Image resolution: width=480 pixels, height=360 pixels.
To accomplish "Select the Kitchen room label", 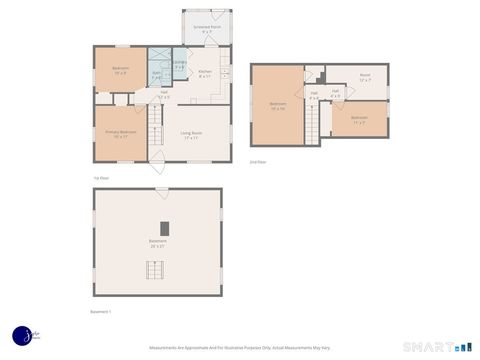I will click(x=205, y=73).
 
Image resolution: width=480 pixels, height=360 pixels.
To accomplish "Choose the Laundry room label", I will click(x=179, y=64).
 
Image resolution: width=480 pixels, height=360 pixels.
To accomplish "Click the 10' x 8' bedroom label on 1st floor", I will click(x=121, y=70).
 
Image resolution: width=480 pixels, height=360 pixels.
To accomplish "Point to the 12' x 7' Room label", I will click(x=365, y=76).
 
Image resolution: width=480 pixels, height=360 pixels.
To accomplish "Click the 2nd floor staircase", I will click(x=312, y=123).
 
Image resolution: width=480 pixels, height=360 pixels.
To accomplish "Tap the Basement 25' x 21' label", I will click(x=158, y=242).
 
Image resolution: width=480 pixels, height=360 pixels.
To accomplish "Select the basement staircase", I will click(x=154, y=270).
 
